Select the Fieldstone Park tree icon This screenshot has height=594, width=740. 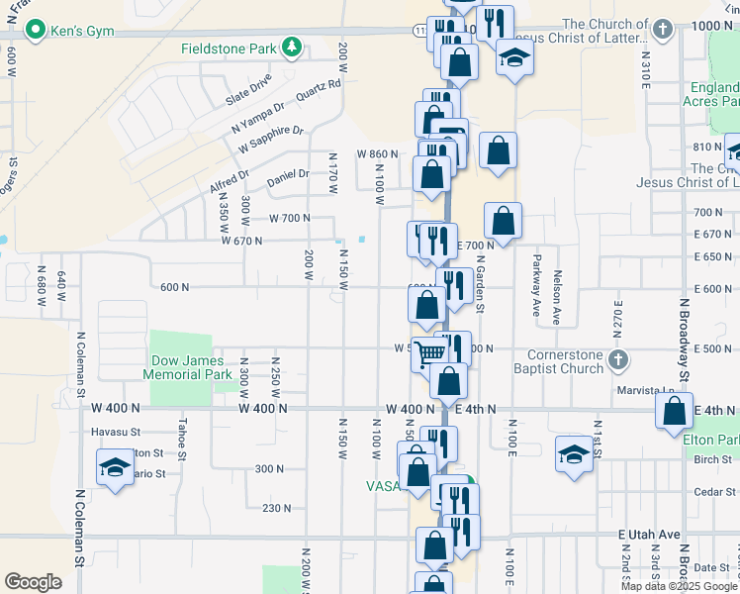(292, 47)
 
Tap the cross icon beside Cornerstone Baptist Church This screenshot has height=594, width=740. (617, 358)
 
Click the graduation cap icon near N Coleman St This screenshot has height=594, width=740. (114, 465)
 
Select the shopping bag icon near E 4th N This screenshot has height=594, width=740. (673, 409)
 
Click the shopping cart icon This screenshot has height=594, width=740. (428, 352)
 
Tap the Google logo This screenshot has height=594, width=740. (33, 581)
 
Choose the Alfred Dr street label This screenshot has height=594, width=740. (230, 182)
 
